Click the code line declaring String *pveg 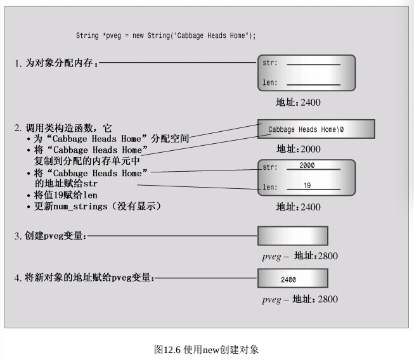[165, 35]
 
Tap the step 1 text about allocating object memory [56, 63]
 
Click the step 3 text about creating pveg [50, 236]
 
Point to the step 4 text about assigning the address [84, 278]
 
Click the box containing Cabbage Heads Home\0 [316, 129]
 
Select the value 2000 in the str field [306, 165]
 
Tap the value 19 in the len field [306, 186]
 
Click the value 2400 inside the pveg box [288, 279]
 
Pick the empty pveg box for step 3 [292, 236]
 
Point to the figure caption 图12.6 [207, 349]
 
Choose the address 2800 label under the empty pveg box [300, 257]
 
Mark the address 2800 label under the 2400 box [300, 299]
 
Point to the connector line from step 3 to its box [171, 236]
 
